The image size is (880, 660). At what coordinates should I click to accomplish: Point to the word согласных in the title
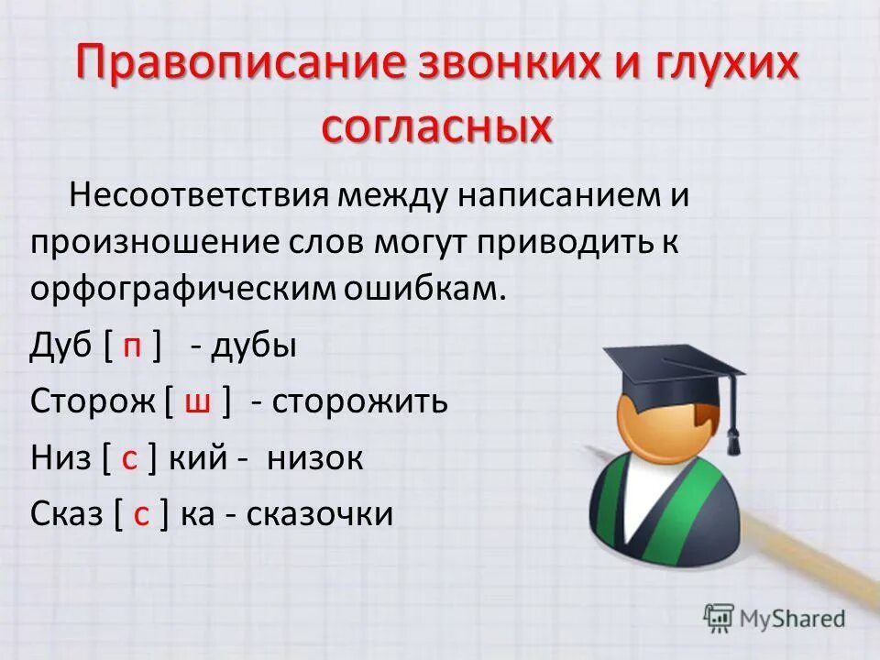pos(438,126)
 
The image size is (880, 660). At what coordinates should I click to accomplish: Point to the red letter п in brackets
pos(133,348)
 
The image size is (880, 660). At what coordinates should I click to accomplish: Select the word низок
pos(315,458)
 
